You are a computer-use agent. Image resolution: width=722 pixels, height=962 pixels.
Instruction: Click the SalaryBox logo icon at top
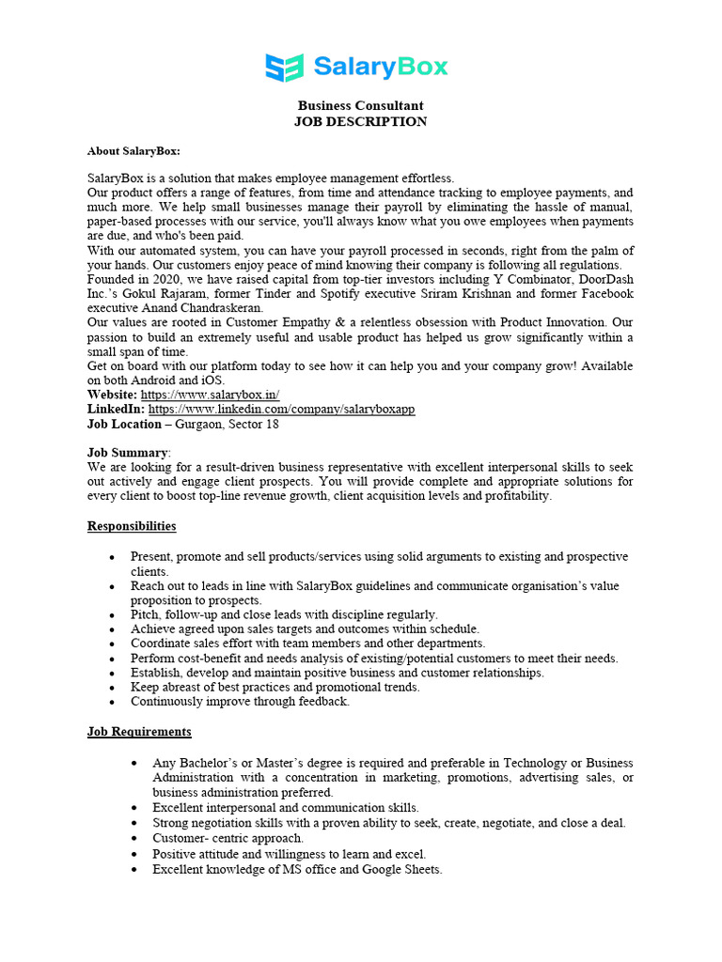pyautogui.click(x=285, y=68)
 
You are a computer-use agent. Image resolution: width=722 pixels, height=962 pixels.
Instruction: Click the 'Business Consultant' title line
pyautogui.click(x=360, y=106)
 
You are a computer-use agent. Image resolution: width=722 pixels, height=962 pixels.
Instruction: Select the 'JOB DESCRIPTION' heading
pyautogui.click(x=360, y=122)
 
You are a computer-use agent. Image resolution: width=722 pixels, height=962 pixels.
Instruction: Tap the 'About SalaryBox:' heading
pyautogui.click(x=133, y=150)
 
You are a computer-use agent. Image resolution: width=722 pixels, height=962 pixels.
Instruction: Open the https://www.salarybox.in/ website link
pyautogui.click(x=210, y=396)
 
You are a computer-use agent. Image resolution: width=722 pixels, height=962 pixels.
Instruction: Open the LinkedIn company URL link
pyautogui.click(x=281, y=410)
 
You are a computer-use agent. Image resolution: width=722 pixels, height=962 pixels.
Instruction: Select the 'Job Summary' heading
pyautogui.click(x=128, y=453)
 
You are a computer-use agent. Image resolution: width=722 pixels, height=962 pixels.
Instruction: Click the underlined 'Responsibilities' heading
pyautogui.click(x=132, y=526)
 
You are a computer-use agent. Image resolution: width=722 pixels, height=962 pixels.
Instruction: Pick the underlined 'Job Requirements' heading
pyautogui.click(x=139, y=731)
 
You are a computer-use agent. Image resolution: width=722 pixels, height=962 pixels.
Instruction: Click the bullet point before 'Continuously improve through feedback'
pyautogui.click(x=113, y=702)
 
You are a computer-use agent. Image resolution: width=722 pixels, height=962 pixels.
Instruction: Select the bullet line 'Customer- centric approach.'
pyautogui.click(x=228, y=838)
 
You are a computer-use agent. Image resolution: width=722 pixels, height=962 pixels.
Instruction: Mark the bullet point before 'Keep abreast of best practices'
pyautogui.click(x=113, y=688)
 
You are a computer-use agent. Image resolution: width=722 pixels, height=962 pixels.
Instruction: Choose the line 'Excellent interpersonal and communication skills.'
pyautogui.click(x=286, y=807)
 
